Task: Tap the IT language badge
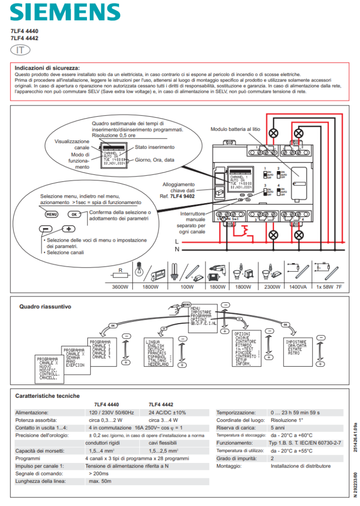[x=20, y=49]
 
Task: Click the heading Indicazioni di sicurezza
[x=47, y=68]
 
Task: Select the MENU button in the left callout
[x=51, y=214]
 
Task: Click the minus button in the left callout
[x=46, y=229]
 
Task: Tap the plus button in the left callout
[x=68, y=229]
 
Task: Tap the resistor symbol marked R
[x=120, y=271]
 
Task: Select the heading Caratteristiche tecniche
[x=47, y=396]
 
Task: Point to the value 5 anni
[x=278, y=428]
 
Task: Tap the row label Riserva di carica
[x=236, y=428]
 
